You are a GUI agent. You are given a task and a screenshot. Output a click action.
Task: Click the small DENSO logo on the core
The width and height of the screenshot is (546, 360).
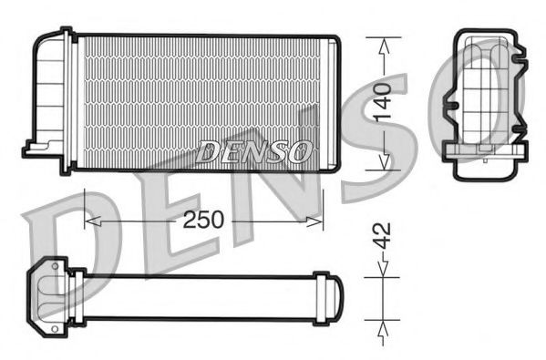point(255,151)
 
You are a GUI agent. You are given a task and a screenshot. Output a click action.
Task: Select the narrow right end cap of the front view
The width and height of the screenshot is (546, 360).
point(333,102)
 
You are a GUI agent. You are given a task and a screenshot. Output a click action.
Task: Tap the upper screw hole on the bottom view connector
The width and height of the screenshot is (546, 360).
point(55,267)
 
